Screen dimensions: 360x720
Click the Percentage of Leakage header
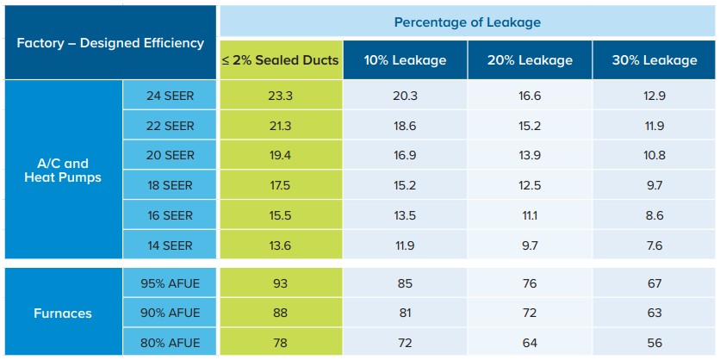[x=468, y=22]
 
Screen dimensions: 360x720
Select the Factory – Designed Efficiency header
[x=110, y=42]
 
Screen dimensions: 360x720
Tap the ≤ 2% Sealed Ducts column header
[x=280, y=60]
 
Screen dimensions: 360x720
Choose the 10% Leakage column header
[x=405, y=60]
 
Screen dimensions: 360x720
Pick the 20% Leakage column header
[x=531, y=60]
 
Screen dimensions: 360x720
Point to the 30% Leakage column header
[x=655, y=60]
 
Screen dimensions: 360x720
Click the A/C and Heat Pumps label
[x=64, y=171]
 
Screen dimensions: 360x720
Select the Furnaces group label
[x=64, y=313]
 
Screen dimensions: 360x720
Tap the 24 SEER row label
[x=171, y=96]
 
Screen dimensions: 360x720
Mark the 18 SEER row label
[x=171, y=185]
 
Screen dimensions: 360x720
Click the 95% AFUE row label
[x=171, y=283]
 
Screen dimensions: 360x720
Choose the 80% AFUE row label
[x=171, y=343]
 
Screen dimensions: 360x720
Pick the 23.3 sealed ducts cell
[x=280, y=96]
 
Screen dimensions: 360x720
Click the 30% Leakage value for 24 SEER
[x=655, y=96]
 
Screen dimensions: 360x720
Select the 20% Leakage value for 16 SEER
[x=531, y=215]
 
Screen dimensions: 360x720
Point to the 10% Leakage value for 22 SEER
[x=405, y=126]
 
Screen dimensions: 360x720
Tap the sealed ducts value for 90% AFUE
[x=280, y=313]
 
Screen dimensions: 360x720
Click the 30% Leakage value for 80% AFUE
[x=655, y=343]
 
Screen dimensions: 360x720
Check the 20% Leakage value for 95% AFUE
[x=531, y=283]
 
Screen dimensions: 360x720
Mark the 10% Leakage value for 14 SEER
[x=405, y=245]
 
